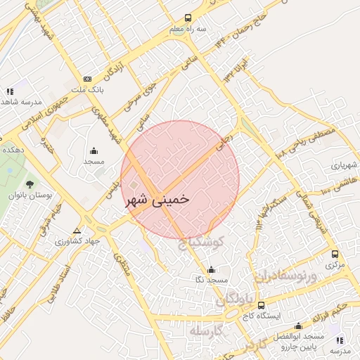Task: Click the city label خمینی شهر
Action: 157,200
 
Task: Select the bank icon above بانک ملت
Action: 88,79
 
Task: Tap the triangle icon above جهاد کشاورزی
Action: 77,231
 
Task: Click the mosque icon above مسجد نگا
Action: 212,269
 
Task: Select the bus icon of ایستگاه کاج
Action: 262,306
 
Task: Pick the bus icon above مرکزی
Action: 335,255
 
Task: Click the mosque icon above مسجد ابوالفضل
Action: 298,326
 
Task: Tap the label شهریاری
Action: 345,166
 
